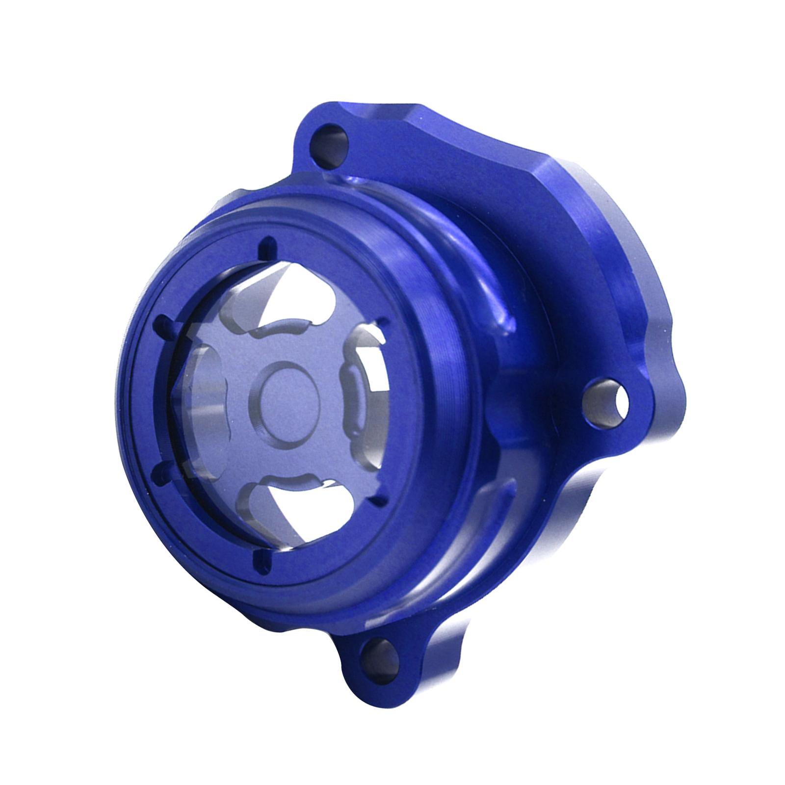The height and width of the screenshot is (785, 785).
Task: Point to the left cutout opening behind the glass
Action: [x=196, y=392]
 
